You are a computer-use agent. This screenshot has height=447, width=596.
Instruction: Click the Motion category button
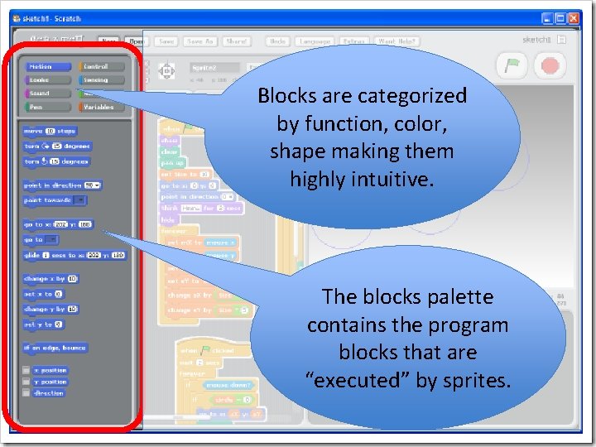point(48,66)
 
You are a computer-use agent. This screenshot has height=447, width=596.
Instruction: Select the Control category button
point(102,66)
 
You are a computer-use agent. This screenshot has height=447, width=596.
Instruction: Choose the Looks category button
point(48,80)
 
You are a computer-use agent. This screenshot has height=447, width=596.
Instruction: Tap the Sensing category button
point(102,80)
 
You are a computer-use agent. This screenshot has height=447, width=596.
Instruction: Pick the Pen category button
point(48,107)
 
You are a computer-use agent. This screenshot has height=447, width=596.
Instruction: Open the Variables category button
point(102,107)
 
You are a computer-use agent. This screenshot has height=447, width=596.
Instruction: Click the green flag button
point(512,65)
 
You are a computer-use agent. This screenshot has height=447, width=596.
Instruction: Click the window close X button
point(575,17)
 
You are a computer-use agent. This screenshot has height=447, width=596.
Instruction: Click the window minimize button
point(547,17)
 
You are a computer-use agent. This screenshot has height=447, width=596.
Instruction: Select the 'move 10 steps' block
point(50,131)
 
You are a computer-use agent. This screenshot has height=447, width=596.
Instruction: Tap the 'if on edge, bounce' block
point(55,348)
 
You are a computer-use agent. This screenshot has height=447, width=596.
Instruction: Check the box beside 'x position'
point(26,370)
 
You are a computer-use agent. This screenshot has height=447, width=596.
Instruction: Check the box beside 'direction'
point(26,393)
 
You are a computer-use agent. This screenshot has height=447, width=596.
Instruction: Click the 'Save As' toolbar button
point(199,41)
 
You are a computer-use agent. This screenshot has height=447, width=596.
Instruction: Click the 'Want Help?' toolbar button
point(397,41)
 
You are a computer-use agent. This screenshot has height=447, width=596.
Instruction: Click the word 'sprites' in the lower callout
point(481,381)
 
